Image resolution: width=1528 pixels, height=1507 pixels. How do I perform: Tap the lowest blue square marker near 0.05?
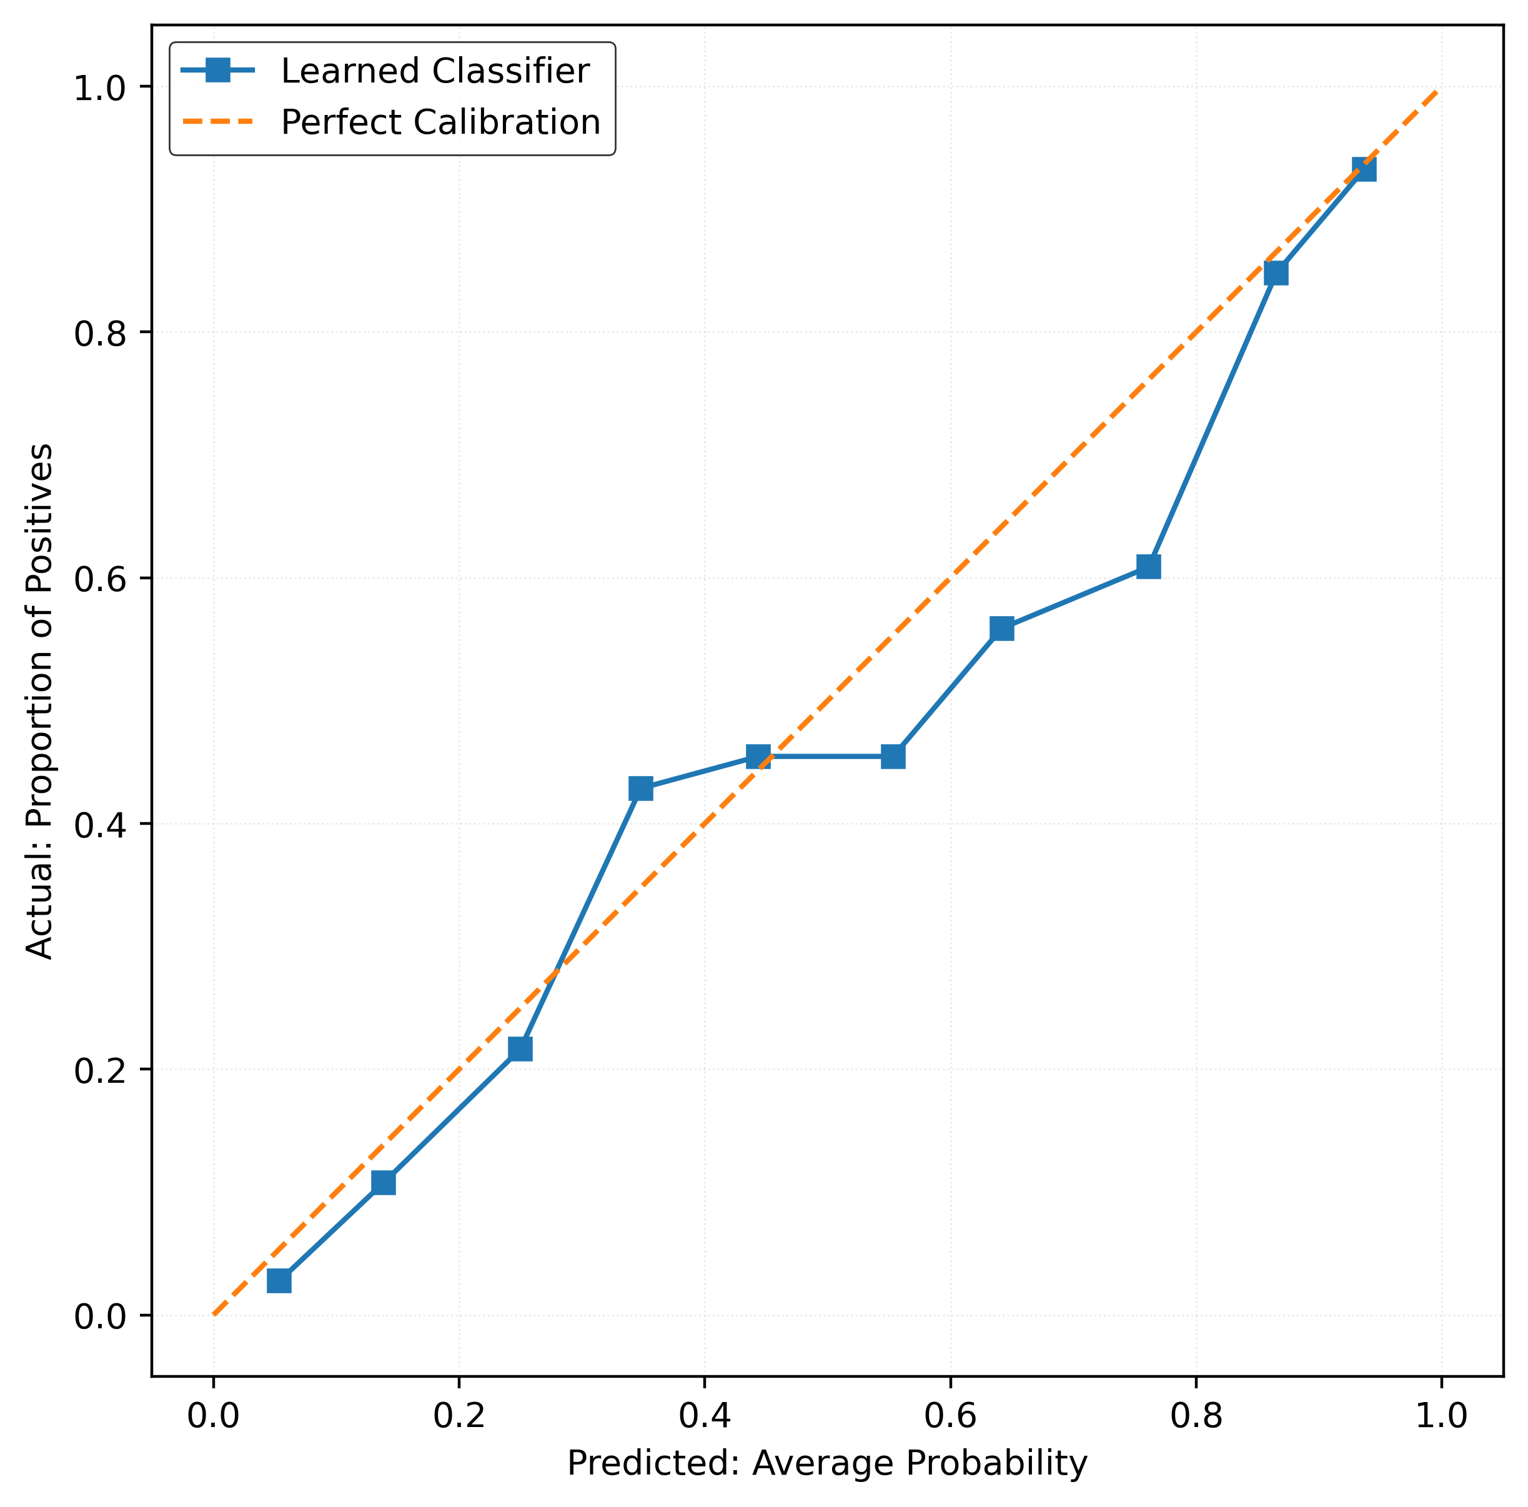pyautogui.click(x=279, y=1280)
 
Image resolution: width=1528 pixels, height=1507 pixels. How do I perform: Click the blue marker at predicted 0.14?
pyautogui.click(x=383, y=1183)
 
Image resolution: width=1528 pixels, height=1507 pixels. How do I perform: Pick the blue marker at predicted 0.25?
pyautogui.click(x=520, y=1049)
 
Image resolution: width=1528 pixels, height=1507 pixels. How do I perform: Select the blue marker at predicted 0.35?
pyautogui.click(x=640, y=788)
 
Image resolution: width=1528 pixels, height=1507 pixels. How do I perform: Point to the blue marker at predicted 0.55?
pyautogui.click(x=893, y=756)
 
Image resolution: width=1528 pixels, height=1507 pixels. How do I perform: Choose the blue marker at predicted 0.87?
pyautogui.click(x=1276, y=274)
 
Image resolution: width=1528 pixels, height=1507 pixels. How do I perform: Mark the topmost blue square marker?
pyautogui.click(x=1364, y=169)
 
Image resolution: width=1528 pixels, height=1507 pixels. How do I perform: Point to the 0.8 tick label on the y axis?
pyautogui.click(x=101, y=333)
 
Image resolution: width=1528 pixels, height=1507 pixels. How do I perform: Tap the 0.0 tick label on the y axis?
pyautogui.click(x=101, y=1316)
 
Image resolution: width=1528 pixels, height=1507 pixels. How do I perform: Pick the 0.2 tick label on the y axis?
pyautogui.click(x=101, y=1070)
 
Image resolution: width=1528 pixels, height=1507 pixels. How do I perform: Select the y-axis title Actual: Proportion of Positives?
pyautogui.click(x=39, y=701)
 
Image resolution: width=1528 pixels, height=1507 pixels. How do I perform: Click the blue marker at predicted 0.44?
pyautogui.click(x=758, y=756)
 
